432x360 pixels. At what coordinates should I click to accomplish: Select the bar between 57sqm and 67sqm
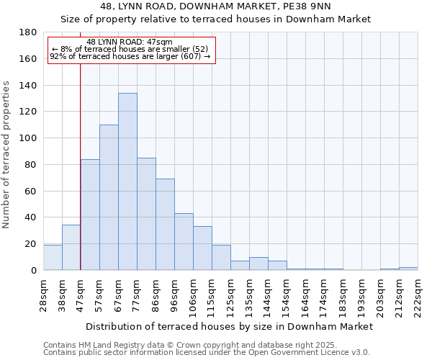coord(109,197)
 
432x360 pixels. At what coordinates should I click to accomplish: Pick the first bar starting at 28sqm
coord(53,258)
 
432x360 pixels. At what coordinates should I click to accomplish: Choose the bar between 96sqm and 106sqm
coord(184,242)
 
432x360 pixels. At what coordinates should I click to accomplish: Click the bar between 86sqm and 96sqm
coord(165,225)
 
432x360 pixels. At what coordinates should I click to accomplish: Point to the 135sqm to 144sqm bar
coord(258,264)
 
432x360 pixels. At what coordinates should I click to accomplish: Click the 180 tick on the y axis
coord(29,32)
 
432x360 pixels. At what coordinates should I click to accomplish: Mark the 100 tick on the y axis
coord(29,138)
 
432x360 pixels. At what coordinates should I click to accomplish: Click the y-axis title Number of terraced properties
coord(7,155)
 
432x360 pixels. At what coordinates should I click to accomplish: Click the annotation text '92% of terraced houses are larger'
coord(130,56)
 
